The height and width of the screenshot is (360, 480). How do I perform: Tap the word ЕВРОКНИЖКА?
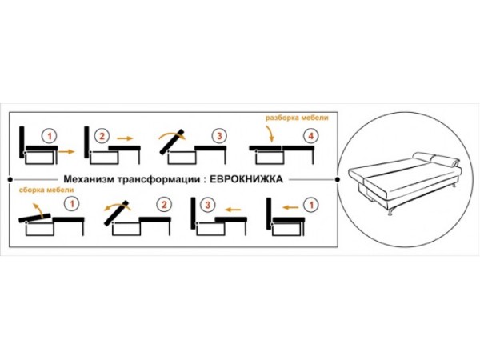(x=246, y=179)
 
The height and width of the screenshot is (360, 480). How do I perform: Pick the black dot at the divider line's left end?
(x=9, y=179)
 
